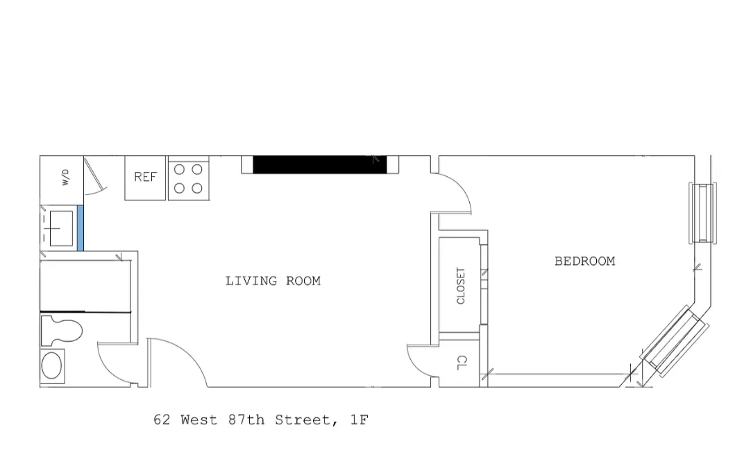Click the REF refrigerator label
[145, 177]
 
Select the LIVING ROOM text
[273, 281]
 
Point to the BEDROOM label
[584, 261]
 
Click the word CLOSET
[461, 286]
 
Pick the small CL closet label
[461, 362]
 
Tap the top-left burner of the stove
[178, 169]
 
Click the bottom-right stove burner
[197, 187]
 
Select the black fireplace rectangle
[319, 164]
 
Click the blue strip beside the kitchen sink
[81, 227]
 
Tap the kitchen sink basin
[61, 227]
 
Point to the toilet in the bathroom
[61, 330]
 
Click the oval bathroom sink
[52, 365]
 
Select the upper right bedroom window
[702, 212]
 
